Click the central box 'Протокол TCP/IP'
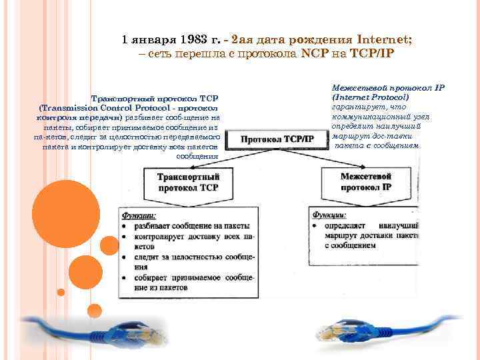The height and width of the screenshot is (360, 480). (277, 139)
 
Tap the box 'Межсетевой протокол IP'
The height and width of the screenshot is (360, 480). (365, 182)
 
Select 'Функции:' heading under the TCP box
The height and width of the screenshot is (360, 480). (139, 215)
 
